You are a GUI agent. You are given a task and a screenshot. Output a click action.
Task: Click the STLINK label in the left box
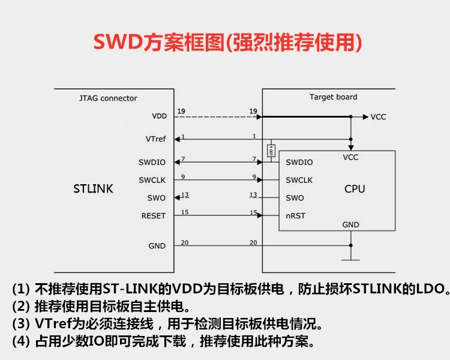tap(93, 189)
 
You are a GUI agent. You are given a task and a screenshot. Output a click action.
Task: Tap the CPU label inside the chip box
tap(355, 189)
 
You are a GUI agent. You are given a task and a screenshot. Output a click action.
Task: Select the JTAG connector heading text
tap(108, 98)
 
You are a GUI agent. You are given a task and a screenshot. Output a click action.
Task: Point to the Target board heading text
tap(333, 97)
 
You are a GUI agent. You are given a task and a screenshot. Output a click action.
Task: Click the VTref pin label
tap(155, 139)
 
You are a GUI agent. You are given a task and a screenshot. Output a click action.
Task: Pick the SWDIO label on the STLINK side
tap(152, 162)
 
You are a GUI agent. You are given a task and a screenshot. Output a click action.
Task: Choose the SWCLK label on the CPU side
tap(299, 180)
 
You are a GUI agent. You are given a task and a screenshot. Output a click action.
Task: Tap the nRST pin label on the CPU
tap(295, 215)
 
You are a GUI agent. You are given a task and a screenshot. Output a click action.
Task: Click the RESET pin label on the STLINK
tap(153, 215)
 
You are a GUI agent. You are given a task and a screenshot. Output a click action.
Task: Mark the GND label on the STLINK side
tap(157, 246)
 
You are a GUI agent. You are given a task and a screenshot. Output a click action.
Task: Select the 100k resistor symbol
tap(271, 151)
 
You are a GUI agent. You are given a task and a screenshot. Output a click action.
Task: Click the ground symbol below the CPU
tap(350, 259)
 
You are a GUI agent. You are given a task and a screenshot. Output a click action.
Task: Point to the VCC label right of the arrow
tap(378, 117)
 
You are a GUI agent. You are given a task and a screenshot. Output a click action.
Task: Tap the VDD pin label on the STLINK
tap(159, 116)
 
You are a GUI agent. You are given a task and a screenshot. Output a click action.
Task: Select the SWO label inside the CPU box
tap(295, 198)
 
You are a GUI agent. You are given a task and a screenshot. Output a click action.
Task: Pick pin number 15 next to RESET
tap(185, 212)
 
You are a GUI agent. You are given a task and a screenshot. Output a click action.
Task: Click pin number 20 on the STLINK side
tap(185, 242)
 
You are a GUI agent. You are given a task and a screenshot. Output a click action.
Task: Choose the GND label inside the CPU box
tap(350, 224)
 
